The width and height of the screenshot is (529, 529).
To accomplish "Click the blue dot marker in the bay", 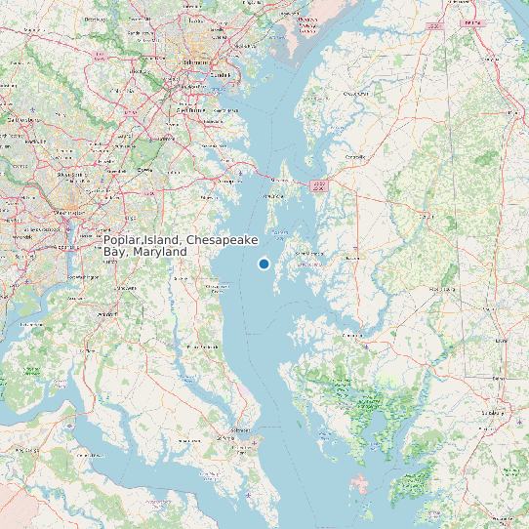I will point(264,264).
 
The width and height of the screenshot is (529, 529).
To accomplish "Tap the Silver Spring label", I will point(70,176).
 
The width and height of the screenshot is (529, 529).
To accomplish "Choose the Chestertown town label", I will point(354,94).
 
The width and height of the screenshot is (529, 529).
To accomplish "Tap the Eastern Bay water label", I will point(279,231).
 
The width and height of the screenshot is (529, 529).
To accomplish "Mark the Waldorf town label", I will point(107,314).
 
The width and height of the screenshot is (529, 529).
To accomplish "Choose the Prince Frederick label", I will point(203,346).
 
